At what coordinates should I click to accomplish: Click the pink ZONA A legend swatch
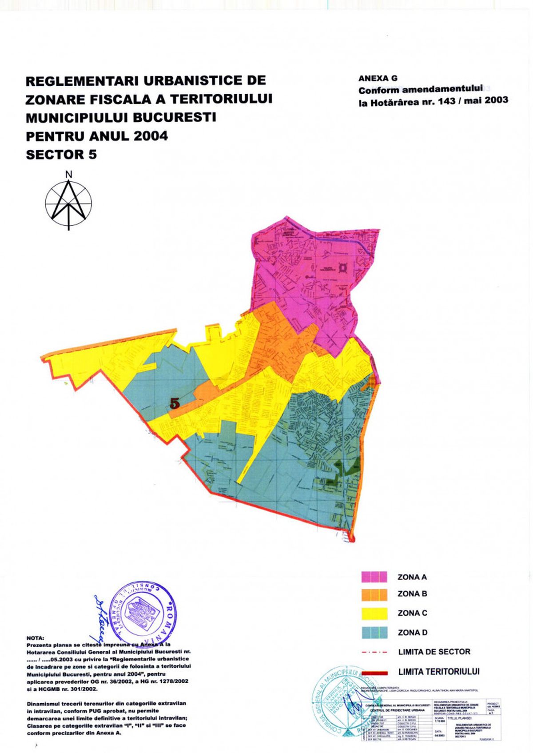(374, 577)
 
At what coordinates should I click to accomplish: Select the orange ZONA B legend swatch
(374, 594)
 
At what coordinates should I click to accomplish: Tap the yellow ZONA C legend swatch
(374, 613)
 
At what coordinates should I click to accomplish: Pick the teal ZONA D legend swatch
(374, 632)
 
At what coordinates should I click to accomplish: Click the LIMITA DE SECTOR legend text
(434, 652)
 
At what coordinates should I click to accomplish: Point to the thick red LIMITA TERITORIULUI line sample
(374, 672)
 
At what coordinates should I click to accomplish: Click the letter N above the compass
(69, 175)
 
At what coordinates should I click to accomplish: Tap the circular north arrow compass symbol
(69, 204)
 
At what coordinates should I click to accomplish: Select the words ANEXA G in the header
(378, 79)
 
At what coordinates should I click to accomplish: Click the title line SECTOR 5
(61, 155)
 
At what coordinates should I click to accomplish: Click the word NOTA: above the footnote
(36, 638)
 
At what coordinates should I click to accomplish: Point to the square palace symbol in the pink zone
(343, 267)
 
